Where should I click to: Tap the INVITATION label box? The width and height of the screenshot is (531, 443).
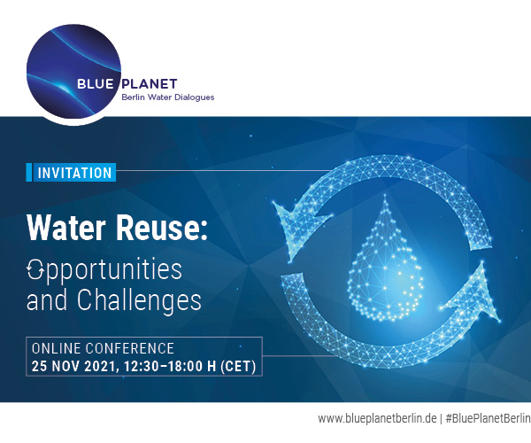[74, 173]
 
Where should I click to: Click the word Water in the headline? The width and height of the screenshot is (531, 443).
[69, 229]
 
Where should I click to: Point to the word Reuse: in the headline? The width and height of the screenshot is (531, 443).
[163, 229]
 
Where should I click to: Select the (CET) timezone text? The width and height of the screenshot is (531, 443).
[235, 365]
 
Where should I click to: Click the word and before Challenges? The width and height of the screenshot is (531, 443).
[46, 299]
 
